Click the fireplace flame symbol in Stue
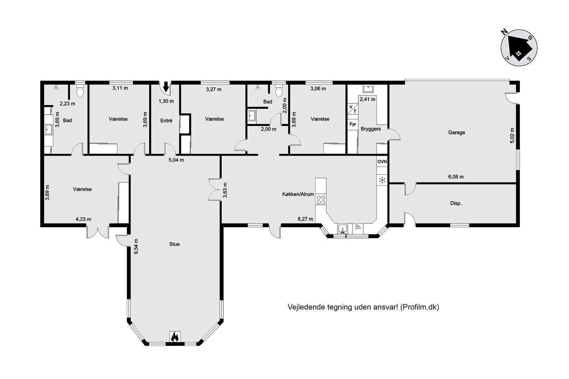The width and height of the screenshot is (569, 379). [x=175, y=337]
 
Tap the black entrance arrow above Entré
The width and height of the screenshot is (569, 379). [x=166, y=87]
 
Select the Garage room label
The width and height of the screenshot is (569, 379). [x=456, y=132]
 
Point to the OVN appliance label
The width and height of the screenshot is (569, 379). [x=382, y=162]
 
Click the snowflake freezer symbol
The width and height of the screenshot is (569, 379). [x=382, y=180]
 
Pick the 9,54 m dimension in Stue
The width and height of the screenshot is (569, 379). [x=136, y=247]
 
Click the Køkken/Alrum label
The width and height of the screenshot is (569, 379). [x=298, y=194]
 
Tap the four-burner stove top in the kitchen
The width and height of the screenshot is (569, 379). [x=321, y=199]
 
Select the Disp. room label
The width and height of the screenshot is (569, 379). [x=456, y=204]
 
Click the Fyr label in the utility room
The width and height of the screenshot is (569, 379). [x=353, y=124]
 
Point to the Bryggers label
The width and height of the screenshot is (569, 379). [x=371, y=129]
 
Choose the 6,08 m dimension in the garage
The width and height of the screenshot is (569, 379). [x=456, y=177]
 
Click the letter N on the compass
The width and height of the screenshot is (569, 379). [x=504, y=31]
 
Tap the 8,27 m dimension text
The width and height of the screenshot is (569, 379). [x=305, y=219]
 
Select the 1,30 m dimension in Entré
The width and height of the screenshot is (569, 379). [x=166, y=101]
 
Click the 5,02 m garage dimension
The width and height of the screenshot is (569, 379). [x=512, y=136]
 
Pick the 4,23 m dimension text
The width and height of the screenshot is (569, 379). [x=83, y=219]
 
